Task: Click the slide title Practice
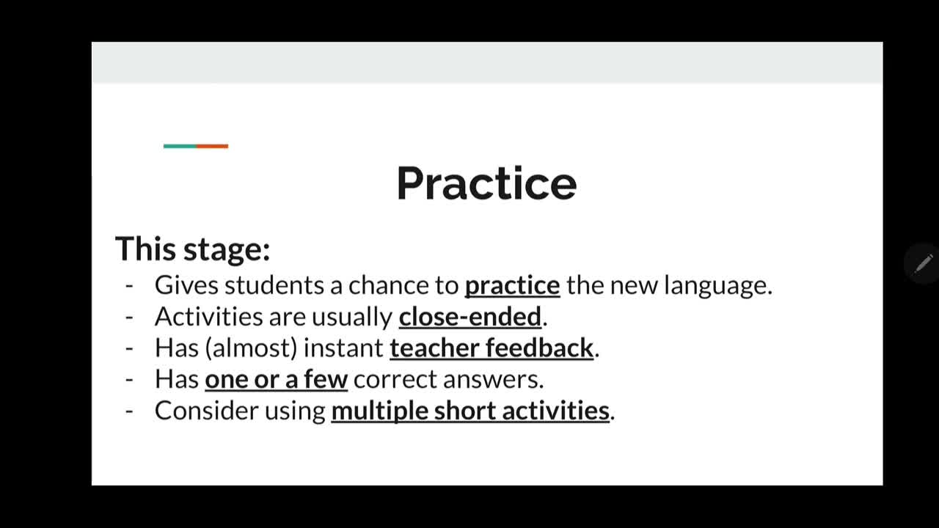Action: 486,183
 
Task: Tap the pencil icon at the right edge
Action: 923,263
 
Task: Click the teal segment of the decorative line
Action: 180,146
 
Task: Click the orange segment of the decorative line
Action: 213,146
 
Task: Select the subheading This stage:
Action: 192,249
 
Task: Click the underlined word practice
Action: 512,286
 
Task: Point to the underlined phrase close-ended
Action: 470,316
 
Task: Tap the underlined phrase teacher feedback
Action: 492,348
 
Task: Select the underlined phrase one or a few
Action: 277,379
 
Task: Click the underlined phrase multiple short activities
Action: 470,411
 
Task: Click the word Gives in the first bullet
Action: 186,285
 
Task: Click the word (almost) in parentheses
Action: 251,348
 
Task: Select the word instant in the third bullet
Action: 343,348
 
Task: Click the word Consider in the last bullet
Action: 207,411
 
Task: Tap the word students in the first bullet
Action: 274,285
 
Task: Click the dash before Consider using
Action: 129,411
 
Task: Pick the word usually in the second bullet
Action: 351,318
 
